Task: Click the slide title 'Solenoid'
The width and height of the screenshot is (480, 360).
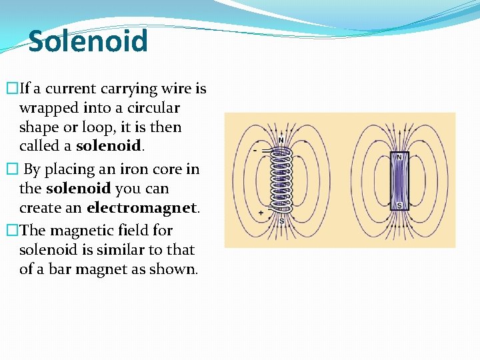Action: [88, 41]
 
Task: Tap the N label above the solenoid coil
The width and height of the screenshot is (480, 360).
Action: [281, 140]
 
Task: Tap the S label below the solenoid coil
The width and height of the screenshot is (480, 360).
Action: [281, 221]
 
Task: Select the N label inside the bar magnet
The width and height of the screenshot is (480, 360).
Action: [399, 157]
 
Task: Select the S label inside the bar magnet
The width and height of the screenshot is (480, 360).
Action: [399, 206]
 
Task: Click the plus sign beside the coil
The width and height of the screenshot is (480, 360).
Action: [260, 213]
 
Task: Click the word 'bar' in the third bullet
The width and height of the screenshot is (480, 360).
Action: [57, 269]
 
